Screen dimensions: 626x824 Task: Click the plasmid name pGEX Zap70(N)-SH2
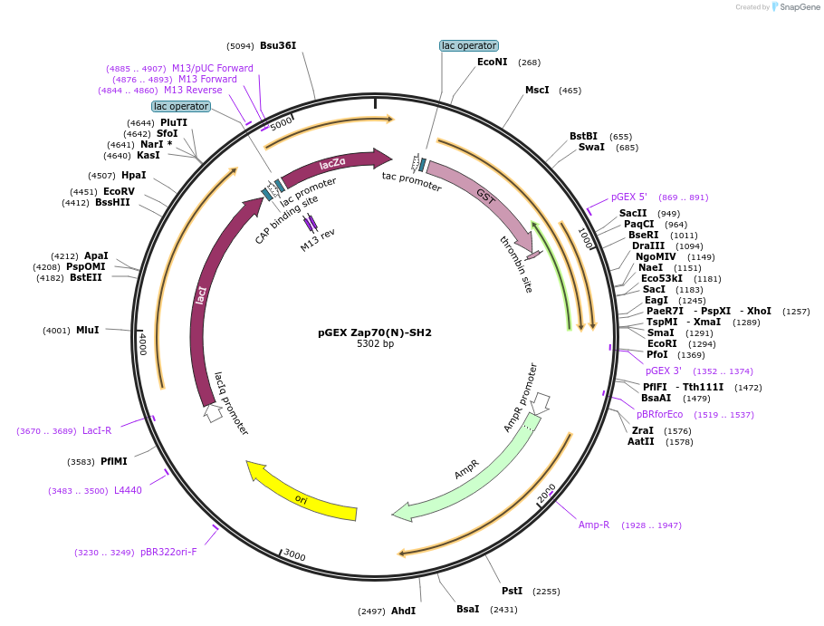[x=375, y=332]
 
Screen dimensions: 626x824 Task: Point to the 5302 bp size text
[x=375, y=344]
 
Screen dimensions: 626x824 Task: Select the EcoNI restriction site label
[x=493, y=63]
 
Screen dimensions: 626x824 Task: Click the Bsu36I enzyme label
[x=278, y=45]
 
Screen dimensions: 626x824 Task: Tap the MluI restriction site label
[x=88, y=330]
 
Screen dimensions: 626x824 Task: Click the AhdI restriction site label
[x=403, y=611]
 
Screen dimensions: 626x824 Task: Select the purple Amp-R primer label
[x=594, y=525]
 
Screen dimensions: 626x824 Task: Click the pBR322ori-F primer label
[x=168, y=552]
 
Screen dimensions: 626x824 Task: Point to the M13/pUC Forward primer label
[x=213, y=68]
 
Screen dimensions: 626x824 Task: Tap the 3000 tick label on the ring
[x=294, y=554]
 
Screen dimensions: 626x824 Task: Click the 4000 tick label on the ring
[x=142, y=343]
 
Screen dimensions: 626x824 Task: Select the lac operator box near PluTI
[x=181, y=106]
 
